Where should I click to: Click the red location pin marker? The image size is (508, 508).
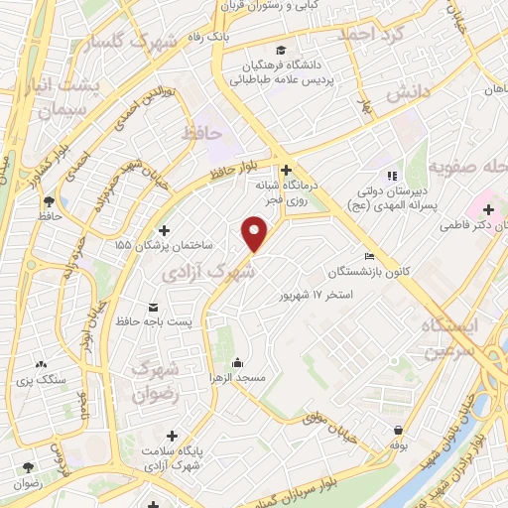coord(256,234)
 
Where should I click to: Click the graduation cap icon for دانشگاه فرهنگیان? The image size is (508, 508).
coord(282,51)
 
